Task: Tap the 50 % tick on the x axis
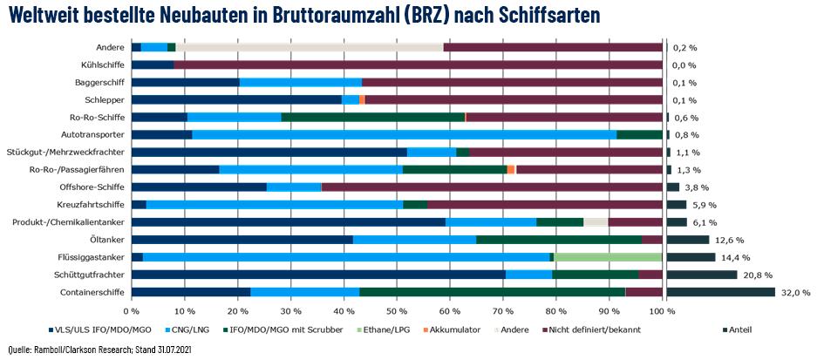click(397, 309)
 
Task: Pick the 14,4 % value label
click(735, 257)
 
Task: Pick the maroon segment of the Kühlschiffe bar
click(419, 65)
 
